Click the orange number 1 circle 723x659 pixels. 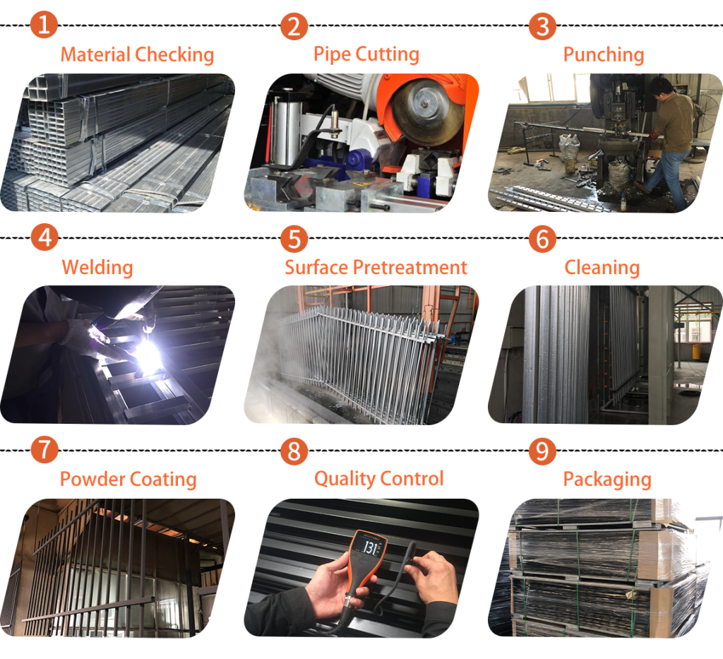(x=44, y=25)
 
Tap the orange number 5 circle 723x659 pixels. (x=294, y=239)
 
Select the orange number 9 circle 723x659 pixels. (x=542, y=451)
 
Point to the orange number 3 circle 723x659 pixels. (x=542, y=26)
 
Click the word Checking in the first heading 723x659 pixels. (x=175, y=55)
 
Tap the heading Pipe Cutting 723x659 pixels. (x=366, y=54)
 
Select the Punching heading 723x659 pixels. (x=604, y=55)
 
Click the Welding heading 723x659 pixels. (x=97, y=268)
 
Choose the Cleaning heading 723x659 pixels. (x=602, y=268)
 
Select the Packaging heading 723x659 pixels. (x=607, y=480)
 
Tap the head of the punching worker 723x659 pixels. (x=661, y=86)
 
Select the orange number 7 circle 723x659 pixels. (x=44, y=450)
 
